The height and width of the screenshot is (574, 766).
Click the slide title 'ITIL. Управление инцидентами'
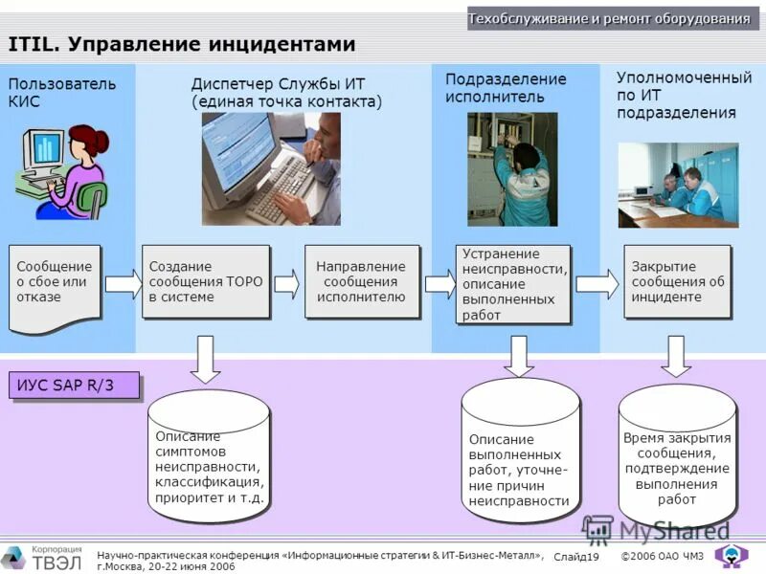click(182, 44)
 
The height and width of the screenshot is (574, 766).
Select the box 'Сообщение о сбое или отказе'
click(55, 284)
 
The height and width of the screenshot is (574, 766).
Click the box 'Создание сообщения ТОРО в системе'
click(205, 281)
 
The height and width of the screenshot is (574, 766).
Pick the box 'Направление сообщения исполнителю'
click(360, 281)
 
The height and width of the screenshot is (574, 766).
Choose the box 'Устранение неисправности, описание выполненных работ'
click(512, 283)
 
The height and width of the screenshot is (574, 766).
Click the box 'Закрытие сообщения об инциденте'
click(677, 281)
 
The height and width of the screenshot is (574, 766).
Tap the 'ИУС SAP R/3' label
click(74, 385)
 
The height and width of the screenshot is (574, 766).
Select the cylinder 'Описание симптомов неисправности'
click(209, 456)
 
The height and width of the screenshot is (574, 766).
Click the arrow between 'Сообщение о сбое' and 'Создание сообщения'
click(123, 283)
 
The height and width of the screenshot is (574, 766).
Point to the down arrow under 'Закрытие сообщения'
click(677, 355)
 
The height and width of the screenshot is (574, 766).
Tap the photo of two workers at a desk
click(678, 184)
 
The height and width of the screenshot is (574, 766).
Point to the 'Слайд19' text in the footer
click(575, 557)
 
